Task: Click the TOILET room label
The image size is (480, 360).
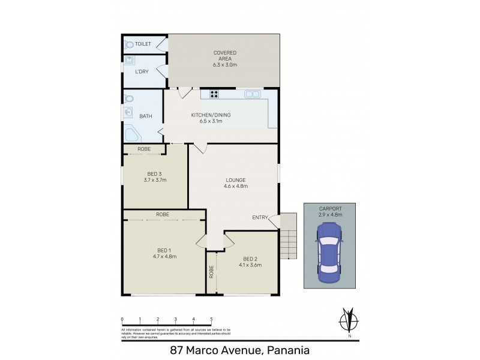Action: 143,44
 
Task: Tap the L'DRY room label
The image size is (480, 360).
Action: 142,72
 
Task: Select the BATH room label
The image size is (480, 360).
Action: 146,116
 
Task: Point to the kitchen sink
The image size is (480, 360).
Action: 252,94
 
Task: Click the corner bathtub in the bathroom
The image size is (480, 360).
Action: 130,134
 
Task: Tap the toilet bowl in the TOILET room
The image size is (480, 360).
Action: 129,44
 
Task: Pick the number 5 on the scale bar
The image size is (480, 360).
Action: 211,320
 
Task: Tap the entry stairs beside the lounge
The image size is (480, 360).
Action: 288,237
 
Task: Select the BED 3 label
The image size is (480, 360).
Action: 155,174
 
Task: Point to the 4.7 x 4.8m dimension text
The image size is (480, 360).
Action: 163,256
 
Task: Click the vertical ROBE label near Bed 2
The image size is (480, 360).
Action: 212,273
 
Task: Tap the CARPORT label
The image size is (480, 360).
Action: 329,208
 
